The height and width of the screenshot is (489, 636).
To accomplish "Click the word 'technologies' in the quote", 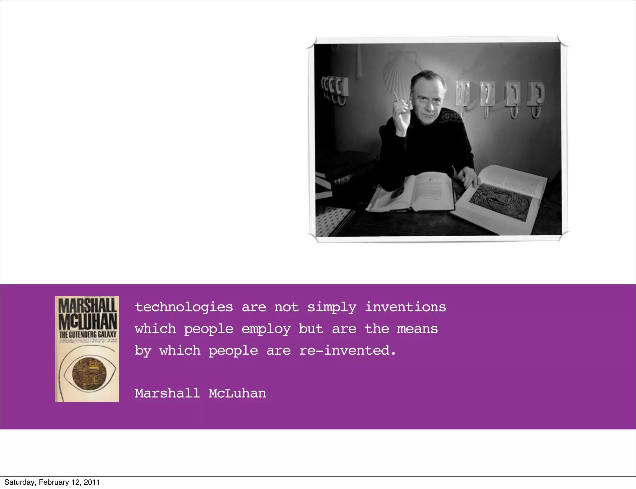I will [x=184, y=307].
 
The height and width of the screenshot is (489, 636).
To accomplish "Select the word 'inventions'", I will [x=405, y=307].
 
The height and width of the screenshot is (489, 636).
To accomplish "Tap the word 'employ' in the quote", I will [x=266, y=329].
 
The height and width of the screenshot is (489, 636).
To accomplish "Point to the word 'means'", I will [x=417, y=329].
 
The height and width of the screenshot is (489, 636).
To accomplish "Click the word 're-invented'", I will [x=348, y=351].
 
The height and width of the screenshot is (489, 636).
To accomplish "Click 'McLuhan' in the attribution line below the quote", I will [x=237, y=393].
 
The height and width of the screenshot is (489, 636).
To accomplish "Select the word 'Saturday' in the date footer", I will [x=19, y=482].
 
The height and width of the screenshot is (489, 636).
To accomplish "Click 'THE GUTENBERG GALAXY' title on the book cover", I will [x=88, y=334].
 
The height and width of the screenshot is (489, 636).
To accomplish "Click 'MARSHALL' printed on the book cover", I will [x=87, y=305].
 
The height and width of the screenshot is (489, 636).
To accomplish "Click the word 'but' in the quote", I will [x=311, y=329].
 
